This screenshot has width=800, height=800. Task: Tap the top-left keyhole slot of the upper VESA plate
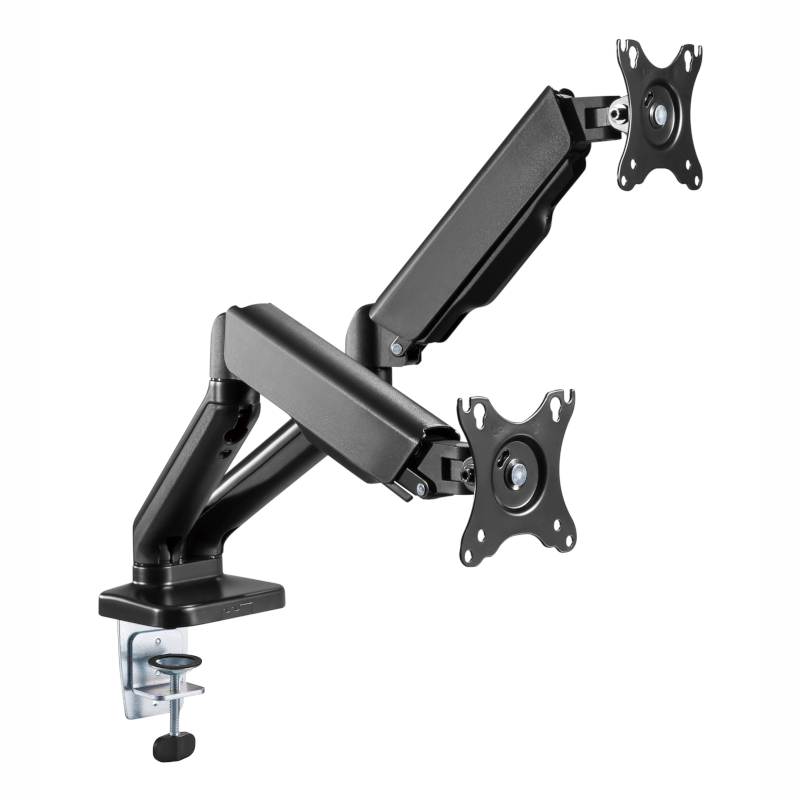point(628,54)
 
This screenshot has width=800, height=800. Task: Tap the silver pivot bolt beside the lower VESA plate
point(422,488)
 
